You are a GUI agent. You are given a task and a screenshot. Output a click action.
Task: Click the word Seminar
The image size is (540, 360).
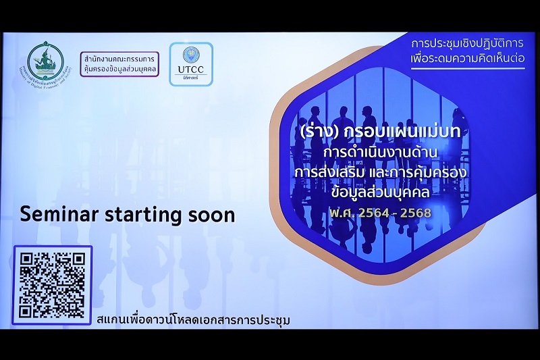click(55, 214)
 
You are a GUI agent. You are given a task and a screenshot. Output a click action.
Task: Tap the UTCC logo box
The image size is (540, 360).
click(190, 64)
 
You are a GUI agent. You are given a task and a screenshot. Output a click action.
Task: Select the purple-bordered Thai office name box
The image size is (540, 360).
click(119, 63)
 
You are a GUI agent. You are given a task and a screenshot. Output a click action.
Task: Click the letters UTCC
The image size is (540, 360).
click(190, 70)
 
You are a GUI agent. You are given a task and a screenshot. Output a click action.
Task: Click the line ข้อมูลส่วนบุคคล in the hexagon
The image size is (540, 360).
click(381, 193)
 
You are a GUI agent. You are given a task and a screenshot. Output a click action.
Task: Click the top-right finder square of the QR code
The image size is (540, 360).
click(76, 260)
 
